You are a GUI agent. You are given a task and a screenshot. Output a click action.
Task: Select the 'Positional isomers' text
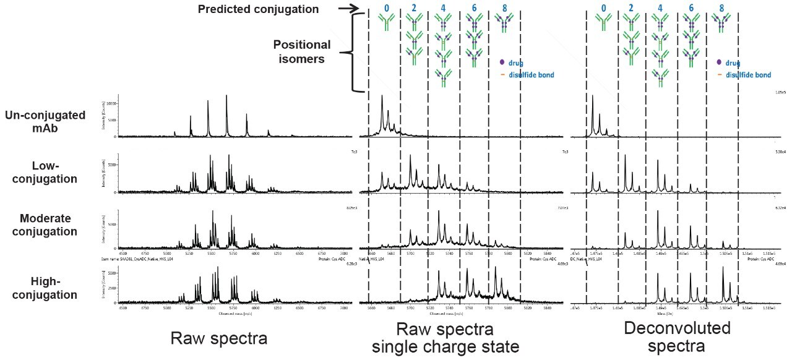tap(303, 51)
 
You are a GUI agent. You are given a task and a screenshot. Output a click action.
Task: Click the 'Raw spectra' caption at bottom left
tap(218, 338)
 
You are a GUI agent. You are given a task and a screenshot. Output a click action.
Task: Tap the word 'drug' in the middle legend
tap(517, 63)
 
